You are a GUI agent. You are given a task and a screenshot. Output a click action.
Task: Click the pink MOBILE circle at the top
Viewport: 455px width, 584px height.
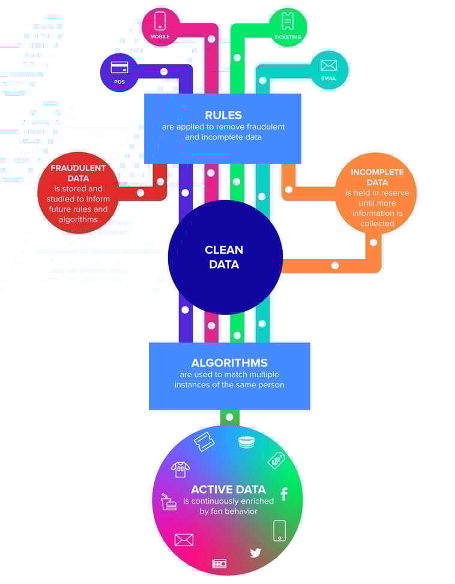coord(160,26)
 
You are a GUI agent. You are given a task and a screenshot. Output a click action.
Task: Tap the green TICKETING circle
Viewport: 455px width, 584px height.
coord(288,26)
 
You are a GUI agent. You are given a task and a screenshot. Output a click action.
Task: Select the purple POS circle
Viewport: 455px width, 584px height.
coord(119,72)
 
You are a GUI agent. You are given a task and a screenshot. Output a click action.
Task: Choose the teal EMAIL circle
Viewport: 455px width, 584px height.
coord(329,70)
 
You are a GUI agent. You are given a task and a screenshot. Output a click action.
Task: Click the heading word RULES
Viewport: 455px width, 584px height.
coord(223,115)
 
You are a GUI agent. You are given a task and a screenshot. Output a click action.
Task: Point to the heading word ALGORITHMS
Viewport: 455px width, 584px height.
coord(229,363)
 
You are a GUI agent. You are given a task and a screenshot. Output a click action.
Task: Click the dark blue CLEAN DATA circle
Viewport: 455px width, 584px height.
coord(224,257)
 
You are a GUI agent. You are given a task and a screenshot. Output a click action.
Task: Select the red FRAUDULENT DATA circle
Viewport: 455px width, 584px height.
coord(78,192)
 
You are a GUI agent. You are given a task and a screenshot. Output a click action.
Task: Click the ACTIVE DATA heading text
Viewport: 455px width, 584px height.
coord(228,489)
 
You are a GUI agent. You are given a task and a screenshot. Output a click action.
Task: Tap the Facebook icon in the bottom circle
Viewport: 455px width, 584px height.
coord(284,494)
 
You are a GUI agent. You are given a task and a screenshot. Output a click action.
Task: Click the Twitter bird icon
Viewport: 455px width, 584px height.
coord(256,552)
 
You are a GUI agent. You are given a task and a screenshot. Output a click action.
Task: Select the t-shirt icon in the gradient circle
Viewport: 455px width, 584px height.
coord(180,469)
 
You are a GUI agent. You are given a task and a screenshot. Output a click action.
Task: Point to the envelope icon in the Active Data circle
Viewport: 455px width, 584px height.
coord(184,540)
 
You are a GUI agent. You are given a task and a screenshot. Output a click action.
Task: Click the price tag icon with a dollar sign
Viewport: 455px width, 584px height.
coord(276,460)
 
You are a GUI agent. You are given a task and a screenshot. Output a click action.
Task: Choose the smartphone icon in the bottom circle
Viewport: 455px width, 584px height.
coord(279,530)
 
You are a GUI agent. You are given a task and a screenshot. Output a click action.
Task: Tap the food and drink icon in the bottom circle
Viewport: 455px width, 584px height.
coord(169,502)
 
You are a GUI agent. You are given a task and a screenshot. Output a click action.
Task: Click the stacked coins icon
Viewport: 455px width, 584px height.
coord(247,442)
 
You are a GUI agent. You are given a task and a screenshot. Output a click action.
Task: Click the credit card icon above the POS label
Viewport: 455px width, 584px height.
coord(119,67)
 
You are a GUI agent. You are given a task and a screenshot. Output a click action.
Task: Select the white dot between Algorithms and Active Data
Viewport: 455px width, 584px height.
coord(229,417)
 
